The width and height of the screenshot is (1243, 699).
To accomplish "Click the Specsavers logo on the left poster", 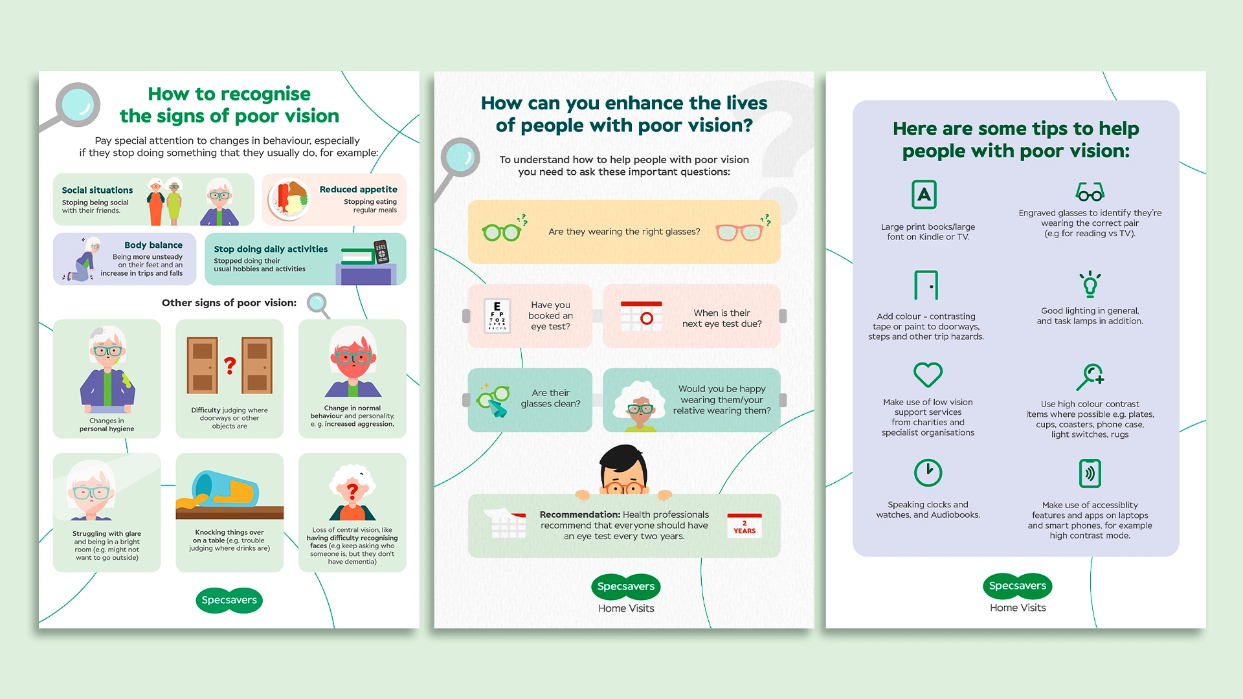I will click(229, 600).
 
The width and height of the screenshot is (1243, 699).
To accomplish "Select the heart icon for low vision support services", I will click(928, 374).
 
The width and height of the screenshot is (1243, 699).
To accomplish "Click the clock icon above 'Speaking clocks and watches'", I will click(928, 472).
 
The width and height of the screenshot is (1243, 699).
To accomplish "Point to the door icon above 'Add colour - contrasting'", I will click(926, 285).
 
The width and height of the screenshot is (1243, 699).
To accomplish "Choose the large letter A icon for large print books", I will click(924, 194).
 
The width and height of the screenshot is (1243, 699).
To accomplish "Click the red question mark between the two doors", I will click(230, 366).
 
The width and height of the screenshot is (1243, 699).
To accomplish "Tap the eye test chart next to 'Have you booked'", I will click(497, 316).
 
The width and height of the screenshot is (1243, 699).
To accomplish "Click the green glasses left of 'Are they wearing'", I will click(502, 231).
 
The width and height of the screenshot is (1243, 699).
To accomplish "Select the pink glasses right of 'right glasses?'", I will click(739, 232).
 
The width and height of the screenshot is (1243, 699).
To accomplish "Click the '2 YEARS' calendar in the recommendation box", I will click(745, 526).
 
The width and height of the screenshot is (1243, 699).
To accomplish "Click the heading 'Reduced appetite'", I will click(358, 189).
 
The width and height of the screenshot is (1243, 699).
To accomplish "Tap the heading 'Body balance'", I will click(153, 245).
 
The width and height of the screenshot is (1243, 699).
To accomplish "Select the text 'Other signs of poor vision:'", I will click(229, 302).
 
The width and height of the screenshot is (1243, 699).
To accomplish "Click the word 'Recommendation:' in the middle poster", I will click(579, 515).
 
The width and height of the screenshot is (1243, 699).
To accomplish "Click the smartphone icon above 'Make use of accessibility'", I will click(1090, 473).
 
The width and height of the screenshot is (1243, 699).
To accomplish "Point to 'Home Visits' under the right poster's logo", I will click(1018, 608).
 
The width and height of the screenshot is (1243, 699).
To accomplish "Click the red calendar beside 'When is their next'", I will click(641, 316).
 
